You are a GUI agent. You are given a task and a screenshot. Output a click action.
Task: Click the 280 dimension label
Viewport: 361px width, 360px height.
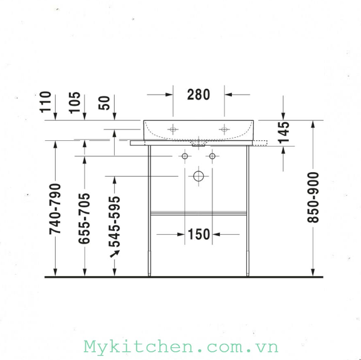[199, 95]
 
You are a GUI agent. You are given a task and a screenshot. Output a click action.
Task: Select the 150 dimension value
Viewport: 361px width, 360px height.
[199, 234]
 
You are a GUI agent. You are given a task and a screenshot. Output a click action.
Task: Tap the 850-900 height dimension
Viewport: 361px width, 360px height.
[313, 197]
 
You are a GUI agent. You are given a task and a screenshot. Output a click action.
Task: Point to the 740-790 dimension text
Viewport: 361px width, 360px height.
[55, 209]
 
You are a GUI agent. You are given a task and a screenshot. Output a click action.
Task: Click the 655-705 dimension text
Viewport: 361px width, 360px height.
[84, 219]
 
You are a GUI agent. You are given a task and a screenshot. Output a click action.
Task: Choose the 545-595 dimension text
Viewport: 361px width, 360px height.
[115, 222]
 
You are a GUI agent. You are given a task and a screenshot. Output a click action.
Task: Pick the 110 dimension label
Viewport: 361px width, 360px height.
[45, 102]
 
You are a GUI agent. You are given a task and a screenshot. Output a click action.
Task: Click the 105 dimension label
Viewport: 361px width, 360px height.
[75, 103]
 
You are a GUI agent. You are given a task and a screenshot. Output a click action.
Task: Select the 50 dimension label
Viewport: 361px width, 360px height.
[104, 103]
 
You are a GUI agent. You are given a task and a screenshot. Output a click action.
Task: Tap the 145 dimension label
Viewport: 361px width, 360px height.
[284, 133]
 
